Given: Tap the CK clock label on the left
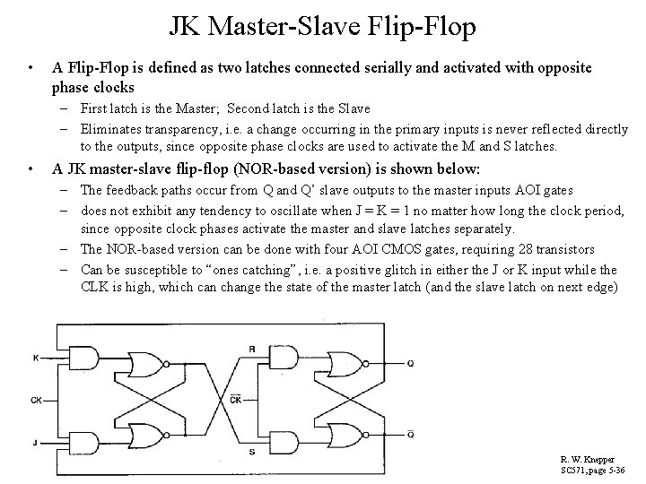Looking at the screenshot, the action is (35, 400).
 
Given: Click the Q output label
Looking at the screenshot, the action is (410, 363).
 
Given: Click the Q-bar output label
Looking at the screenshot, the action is (410, 435).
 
